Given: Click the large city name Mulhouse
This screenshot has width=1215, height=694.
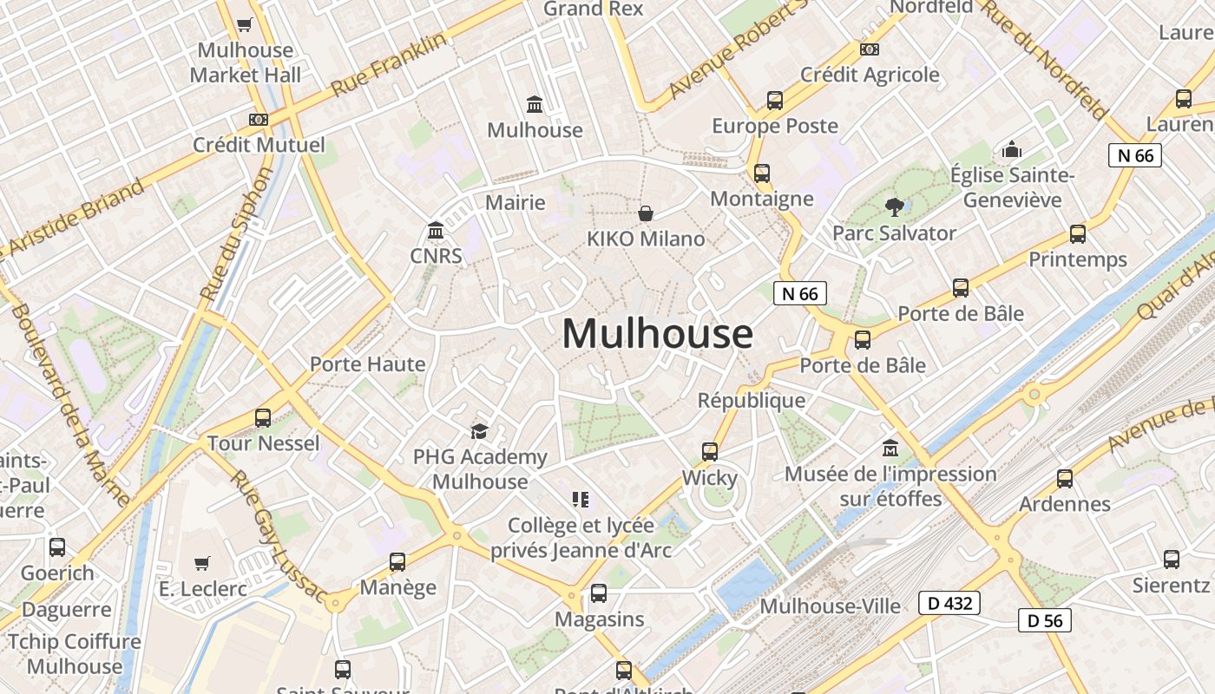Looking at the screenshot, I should tap(658, 334).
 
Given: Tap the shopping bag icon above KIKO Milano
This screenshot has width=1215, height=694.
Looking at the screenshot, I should tap(646, 213).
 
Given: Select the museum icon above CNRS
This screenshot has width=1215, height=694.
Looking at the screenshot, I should tap(436, 231).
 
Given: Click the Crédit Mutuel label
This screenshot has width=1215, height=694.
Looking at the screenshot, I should tap(259, 145).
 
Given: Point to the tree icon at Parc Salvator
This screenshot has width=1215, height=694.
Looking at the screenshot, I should tap(894, 207).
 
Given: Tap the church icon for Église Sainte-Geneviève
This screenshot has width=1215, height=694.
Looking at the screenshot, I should tap(1012, 150).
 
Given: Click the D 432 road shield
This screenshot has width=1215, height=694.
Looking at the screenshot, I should tap(949, 603).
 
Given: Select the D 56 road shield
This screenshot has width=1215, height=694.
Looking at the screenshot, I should tap(1045, 620).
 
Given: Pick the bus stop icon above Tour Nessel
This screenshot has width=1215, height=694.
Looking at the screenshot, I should tap(263, 418).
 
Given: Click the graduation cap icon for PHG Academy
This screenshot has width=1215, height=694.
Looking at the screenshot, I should tap(479, 431).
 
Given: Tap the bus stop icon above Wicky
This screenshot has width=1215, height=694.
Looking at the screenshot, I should tap(710, 452).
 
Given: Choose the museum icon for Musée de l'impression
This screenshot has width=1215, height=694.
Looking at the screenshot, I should tap(890, 448).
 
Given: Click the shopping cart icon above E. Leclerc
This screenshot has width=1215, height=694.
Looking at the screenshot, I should tap(202, 563).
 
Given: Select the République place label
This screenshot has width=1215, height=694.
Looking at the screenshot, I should tap(752, 401).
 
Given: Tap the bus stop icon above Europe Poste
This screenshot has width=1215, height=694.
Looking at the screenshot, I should tap(775, 101).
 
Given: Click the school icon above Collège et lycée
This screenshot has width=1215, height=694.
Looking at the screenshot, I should tap(581, 499).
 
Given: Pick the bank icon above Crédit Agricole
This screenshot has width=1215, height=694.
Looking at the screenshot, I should tap(869, 49).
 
